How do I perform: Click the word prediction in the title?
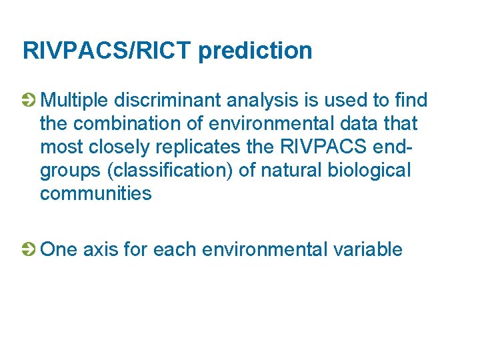(255, 51)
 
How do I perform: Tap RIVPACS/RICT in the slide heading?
(107, 51)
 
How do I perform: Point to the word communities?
(95, 193)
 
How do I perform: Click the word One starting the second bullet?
(59, 249)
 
